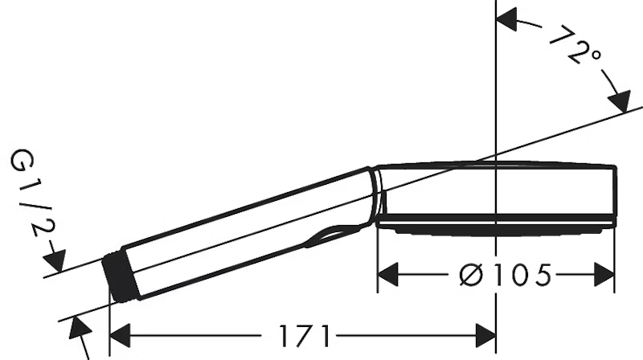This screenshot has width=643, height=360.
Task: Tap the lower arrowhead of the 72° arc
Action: point(620,103)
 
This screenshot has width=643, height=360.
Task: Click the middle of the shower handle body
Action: point(241,233)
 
